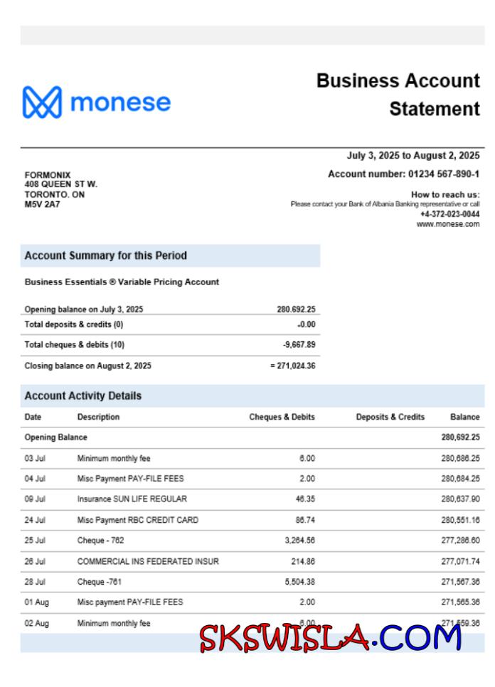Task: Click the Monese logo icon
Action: click(x=42, y=103)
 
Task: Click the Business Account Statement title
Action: click(x=398, y=95)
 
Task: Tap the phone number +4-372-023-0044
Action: click(x=449, y=214)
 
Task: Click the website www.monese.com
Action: click(x=448, y=224)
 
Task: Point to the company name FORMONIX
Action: click(x=48, y=175)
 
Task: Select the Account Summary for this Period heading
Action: click(x=106, y=255)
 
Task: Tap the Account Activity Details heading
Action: click(x=83, y=396)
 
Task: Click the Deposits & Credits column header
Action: click(x=390, y=417)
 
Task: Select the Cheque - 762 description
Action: click(x=100, y=540)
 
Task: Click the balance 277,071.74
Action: click(x=460, y=561)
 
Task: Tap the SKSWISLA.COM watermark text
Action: click(x=330, y=638)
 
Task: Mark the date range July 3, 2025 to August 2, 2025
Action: click(x=412, y=156)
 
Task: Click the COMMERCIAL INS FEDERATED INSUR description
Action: click(x=148, y=561)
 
